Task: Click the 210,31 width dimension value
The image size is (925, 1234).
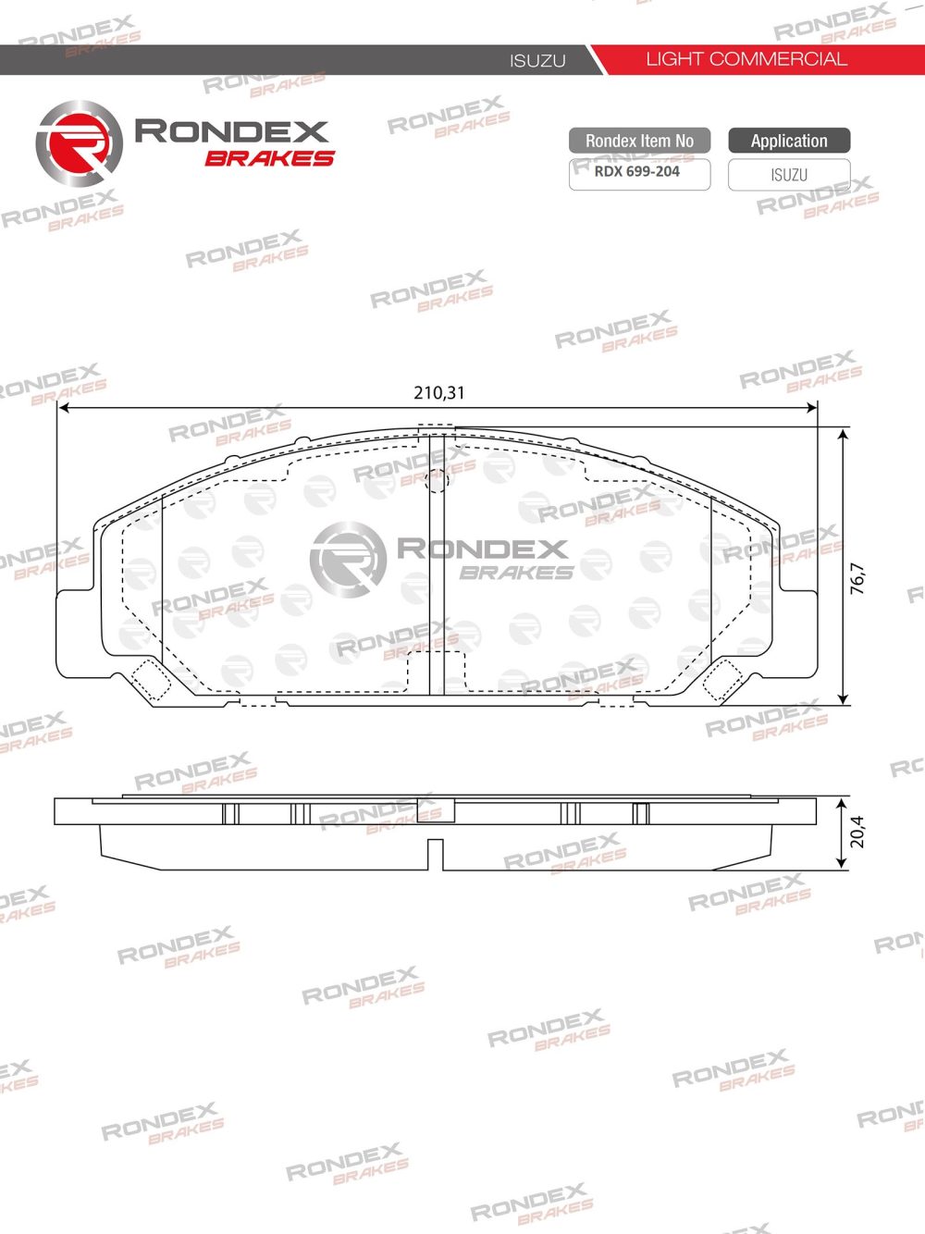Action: click(439, 393)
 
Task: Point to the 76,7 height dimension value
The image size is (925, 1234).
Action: click(857, 578)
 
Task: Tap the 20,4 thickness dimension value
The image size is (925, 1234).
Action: click(857, 832)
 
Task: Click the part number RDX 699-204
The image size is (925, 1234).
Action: click(637, 172)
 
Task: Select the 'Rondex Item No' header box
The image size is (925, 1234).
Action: click(639, 141)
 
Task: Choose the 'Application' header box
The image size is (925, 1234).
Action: click(789, 141)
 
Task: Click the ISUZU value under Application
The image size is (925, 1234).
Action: click(789, 175)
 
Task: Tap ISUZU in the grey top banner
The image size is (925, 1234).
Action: click(537, 61)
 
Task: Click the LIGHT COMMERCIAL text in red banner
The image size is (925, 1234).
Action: click(746, 59)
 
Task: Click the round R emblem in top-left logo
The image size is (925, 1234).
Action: click(79, 144)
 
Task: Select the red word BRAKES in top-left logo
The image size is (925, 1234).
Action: click(269, 158)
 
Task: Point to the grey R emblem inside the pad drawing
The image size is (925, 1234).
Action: click(348, 558)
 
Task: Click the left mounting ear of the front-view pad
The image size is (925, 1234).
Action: click(76, 634)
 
